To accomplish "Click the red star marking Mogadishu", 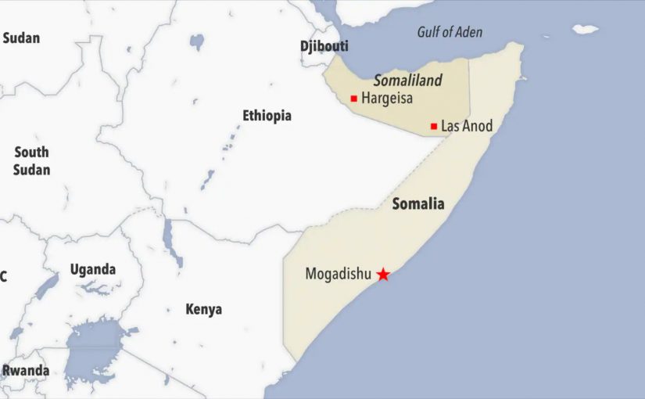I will [383, 274].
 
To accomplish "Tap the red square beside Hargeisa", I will [354, 99].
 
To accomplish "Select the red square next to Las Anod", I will [434, 126].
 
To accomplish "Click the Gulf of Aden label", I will [450, 32].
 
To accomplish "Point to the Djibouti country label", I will [324, 46].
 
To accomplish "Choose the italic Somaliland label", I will [407, 81].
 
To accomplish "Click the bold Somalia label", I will [417, 204].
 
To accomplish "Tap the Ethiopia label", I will [267, 116].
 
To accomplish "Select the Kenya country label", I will [203, 309].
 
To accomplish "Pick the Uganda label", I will [93, 270].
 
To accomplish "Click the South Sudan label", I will [31, 161].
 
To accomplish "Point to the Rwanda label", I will [25, 371].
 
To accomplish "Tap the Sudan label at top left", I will [21, 38].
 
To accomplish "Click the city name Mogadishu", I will [338, 275].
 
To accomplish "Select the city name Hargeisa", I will [387, 99].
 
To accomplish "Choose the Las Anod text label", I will [467, 126].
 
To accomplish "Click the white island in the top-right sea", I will [585, 29].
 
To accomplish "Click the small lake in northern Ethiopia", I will [197, 41].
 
